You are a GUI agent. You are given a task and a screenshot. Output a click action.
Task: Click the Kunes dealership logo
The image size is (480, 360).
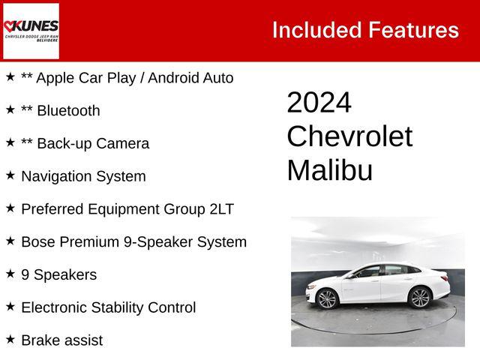31,31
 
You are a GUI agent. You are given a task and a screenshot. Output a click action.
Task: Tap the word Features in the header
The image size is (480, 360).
413,30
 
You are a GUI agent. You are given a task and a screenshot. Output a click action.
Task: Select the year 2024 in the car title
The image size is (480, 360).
319,103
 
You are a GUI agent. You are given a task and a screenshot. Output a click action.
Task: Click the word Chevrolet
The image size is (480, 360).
349,136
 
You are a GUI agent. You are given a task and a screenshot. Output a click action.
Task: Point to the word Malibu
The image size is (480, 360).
329,170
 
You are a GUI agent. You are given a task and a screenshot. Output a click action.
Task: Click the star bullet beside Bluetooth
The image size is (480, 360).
10,109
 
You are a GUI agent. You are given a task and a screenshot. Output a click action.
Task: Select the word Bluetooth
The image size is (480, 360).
68,111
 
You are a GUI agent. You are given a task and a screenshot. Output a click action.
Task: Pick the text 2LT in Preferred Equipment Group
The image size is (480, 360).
221,209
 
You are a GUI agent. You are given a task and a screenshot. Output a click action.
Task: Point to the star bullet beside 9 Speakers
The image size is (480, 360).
10,274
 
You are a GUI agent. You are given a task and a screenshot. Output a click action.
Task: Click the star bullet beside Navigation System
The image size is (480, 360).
10,175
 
